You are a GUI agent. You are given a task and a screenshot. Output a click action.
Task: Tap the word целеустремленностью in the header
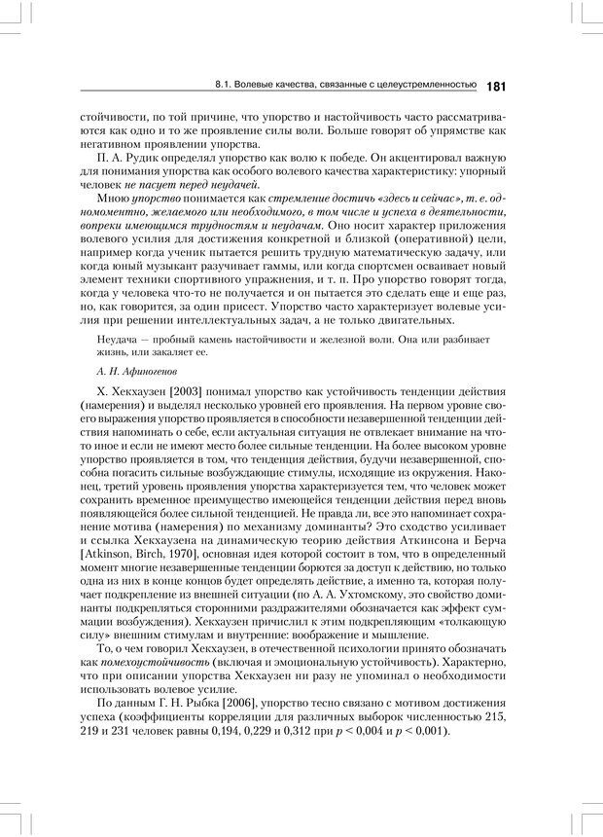427,87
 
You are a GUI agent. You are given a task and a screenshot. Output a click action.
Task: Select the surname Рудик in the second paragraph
139,157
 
